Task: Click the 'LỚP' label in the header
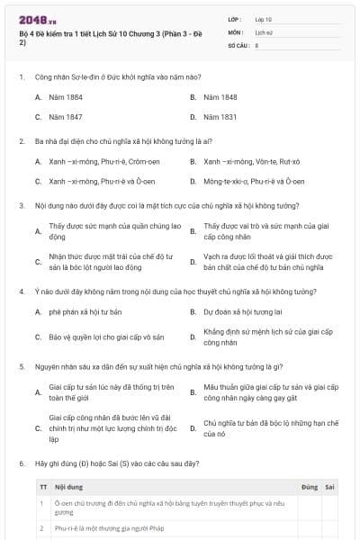(x=235, y=19)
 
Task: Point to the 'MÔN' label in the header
(x=235, y=31)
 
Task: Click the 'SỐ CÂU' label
(x=238, y=44)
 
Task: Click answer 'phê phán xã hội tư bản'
(x=85, y=312)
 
